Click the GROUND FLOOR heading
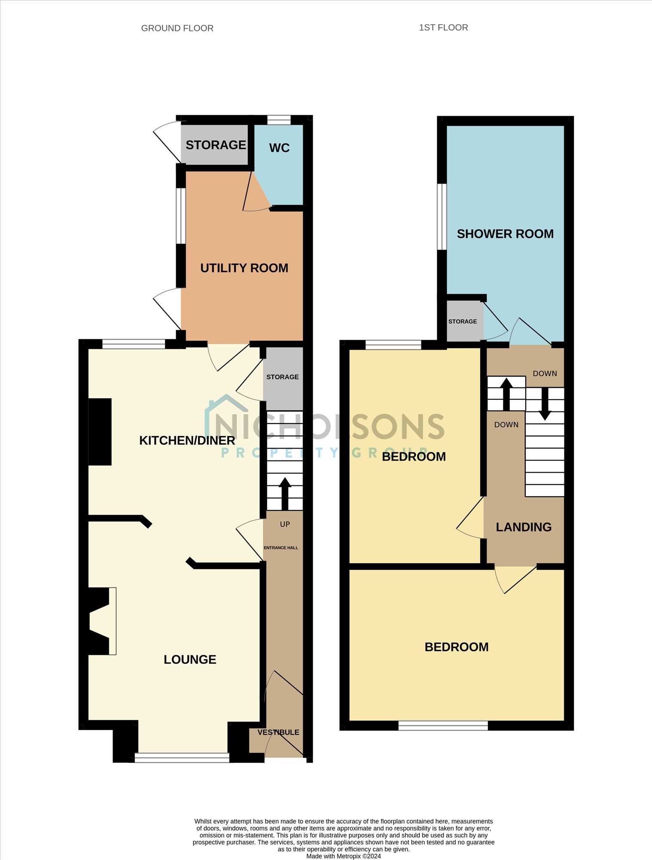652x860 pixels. pyautogui.click(x=177, y=28)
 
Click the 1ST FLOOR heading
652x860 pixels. pyautogui.click(x=443, y=28)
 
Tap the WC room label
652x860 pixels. pyautogui.click(x=279, y=148)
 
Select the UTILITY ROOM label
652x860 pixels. pyautogui.click(x=244, y=268)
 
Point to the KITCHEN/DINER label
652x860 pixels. pyautogui.click(x=187, y=440)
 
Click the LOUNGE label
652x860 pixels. pyautogui.click(x=190, y=659)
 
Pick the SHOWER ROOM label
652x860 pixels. pyautogui.click(x=505, y=234)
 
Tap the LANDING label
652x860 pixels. pyautogui.click(x=524, y=527)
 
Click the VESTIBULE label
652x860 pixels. pyautogui.click(x=278, y=732)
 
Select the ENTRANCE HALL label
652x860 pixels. pyautogui.click(x=281, y=547)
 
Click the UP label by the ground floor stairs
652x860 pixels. pyautogui.click(x=285, y=524)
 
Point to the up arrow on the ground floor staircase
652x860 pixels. pyautogui.click(x=285, y=494)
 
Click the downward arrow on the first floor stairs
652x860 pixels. pyautogui.click(x=545, y=404)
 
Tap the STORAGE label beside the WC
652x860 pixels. pyautogui.click(x=216, y=145)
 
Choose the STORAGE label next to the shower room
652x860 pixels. pyautogui.click(x=463, y=321)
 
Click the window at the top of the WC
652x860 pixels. pyautogui.click(x=279, y=120)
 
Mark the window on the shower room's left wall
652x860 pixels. pyautogui.click(x=442, y=217)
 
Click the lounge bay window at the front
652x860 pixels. pyautogui.click(x=182, y=758)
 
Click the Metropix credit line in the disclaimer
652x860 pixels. pyautogui.click(x=344, y=856)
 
